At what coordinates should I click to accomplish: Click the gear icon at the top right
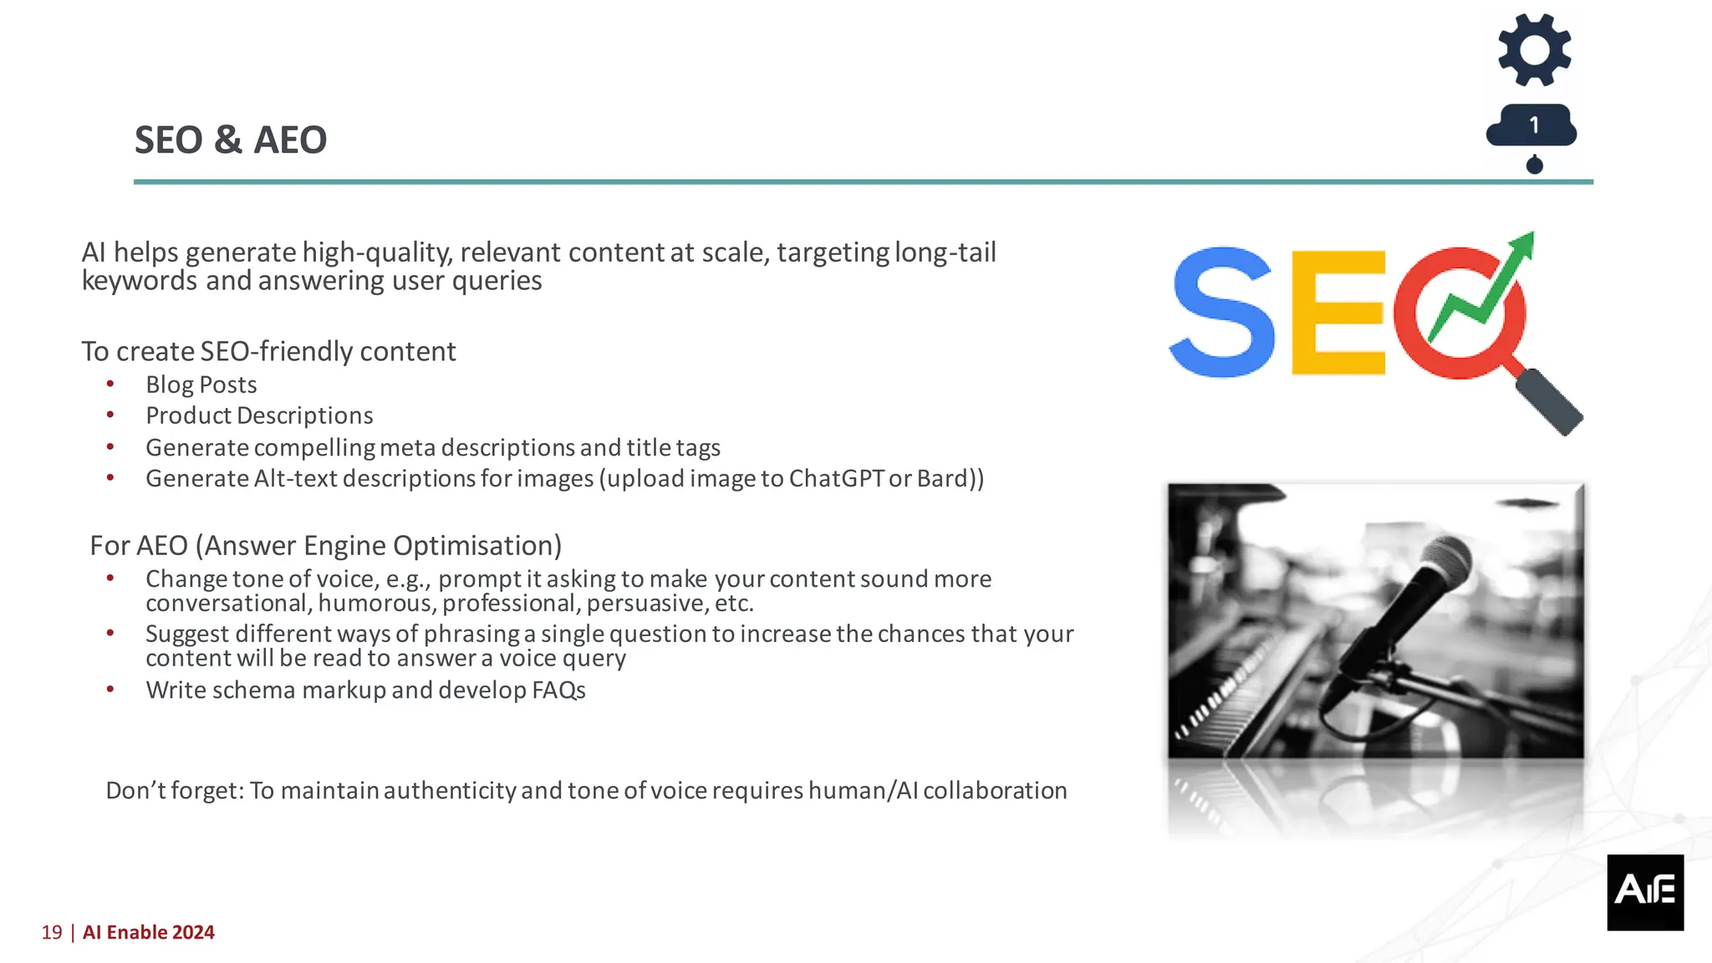(1534, 50)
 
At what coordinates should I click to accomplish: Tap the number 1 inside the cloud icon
(1534, 125)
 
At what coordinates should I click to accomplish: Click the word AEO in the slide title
(290, 140)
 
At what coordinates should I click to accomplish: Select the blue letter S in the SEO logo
(1222, 312)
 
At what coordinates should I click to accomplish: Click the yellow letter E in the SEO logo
(1337, 313)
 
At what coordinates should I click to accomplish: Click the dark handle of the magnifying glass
(1549, 402)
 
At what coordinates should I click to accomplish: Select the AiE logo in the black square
(1644, 891)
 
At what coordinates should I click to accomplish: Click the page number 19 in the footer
(52, 932)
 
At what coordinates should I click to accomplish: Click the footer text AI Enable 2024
(149, 932)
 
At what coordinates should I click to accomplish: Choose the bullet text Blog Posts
(201, 385)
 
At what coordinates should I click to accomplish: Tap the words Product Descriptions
(259, 415)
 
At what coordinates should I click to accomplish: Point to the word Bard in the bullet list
(941, 478)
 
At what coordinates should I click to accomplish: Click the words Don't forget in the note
(174, 791)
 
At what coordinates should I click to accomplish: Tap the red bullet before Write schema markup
(110, 690)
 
